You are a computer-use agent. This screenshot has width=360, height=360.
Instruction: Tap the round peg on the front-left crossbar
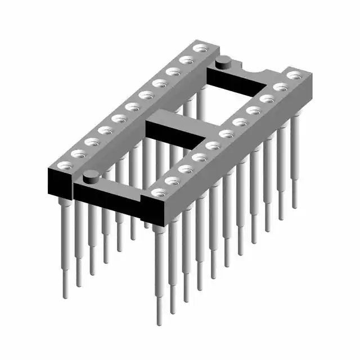coord(89,179)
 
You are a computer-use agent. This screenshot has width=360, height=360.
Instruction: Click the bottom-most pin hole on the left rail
coord(63,165)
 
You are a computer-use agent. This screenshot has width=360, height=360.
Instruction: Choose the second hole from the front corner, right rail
coord(171,181)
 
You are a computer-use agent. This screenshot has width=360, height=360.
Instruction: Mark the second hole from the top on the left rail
coord(186,60)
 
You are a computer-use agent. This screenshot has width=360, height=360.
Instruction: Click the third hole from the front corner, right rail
coord(185,168)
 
